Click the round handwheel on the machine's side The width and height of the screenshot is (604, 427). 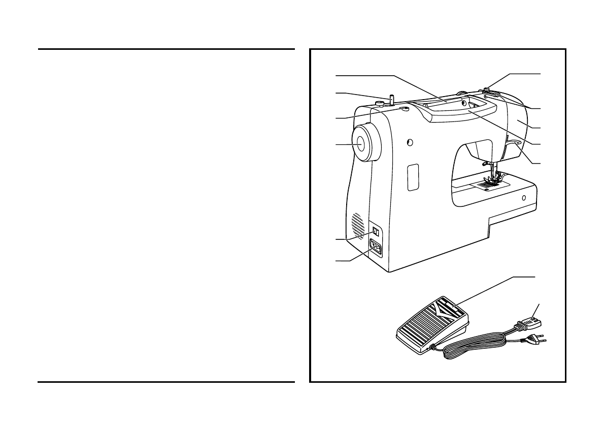coord(362,144)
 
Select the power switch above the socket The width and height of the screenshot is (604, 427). coord(376,231)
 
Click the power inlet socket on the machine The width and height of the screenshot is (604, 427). coord(376,248)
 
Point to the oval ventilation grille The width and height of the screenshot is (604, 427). coord(357,225)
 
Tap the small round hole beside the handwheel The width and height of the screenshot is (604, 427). coord(410,142)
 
